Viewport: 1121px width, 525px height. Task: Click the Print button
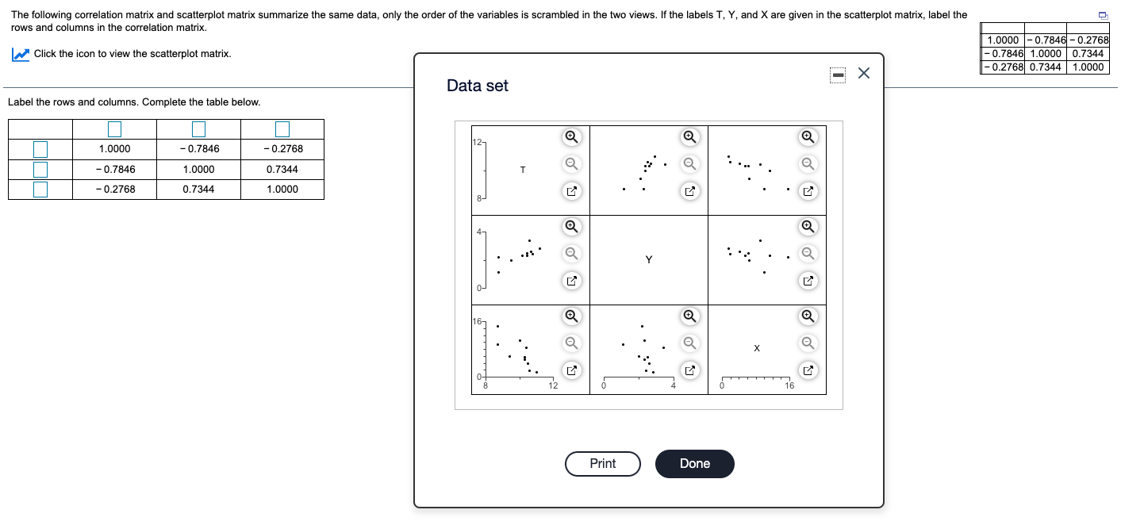[602, 464]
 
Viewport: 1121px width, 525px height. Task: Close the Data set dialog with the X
[864, 74]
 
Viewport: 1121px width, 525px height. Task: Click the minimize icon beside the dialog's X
[838, 75]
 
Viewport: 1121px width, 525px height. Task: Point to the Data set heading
[477, 86]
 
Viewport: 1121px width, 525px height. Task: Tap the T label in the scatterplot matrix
[523, 170]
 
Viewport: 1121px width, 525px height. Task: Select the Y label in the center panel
[648, 259]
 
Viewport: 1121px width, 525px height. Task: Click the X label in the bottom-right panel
[757, 348]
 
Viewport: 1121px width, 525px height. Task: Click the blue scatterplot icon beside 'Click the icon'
[21, 54]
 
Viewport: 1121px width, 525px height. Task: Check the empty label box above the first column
[114, 128]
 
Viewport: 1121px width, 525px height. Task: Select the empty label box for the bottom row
[40, 190]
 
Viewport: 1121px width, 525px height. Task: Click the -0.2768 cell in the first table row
[282, 149]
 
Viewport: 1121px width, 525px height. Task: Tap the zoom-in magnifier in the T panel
[570, 136]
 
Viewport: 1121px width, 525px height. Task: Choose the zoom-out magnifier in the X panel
[807, 343]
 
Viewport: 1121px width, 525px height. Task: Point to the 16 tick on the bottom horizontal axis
[789, 386]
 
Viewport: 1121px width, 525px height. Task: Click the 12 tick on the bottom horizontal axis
[553, 386]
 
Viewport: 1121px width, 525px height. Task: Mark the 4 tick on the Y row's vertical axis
[479, 232]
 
